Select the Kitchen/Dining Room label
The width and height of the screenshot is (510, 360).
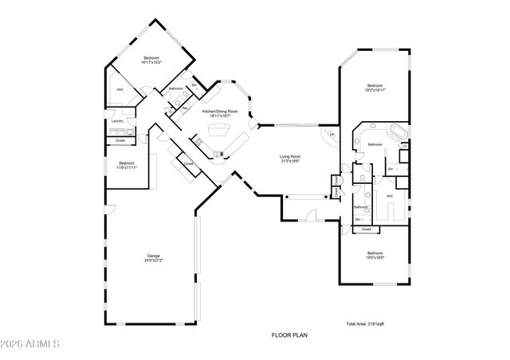pyautogui.click(x=216, y=114)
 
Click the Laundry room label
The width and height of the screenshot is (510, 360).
pyautogui.click(x=117, y=121)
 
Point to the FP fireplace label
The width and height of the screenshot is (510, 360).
pyautogui.click(x=332, y=135)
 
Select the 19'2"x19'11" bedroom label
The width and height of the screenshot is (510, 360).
pyautogui.click(x=375, y=88)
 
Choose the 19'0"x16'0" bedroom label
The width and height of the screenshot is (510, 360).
pyautogui.click(x=375, y=255)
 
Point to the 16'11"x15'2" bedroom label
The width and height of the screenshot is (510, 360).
pyautogui.click(x=151, y=60)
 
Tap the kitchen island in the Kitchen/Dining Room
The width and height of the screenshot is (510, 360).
pyautogui.click(x=217, y=132)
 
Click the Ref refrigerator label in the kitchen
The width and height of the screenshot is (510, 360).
pyautogui.click(x=185, y=108)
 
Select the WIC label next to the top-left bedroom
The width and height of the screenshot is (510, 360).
pyautogui.click(x=120, y=90)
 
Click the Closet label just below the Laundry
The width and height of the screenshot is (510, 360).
pyautogui.click(x=120, y=141)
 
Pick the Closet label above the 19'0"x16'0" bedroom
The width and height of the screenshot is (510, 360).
pyautogui.click(x=366, y=229)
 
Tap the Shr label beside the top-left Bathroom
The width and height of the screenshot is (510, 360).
pyautogui.click(x=194, y=85)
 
